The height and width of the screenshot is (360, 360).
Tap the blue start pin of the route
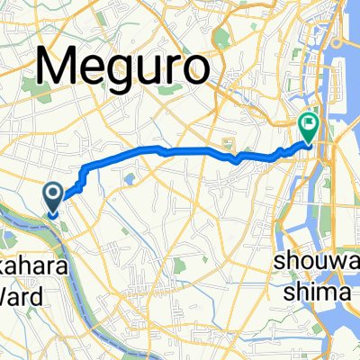pos(53,196)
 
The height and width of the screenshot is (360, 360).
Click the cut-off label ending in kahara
pos(20,250)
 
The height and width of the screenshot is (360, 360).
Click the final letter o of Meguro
pos(196,68)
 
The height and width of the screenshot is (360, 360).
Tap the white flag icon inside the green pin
pos(309,125)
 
